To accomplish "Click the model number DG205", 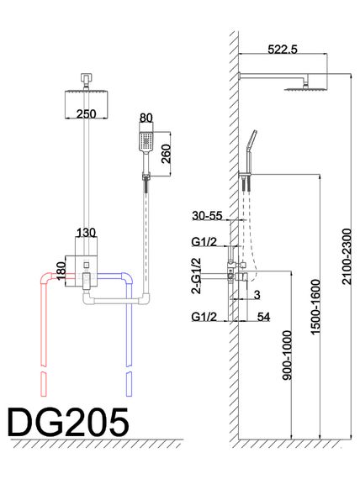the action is [x=68, y=423].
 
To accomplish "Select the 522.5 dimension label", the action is [x=283, y=50].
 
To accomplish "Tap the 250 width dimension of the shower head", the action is [x=87, y=114].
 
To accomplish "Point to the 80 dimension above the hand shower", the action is [x=146, y=118].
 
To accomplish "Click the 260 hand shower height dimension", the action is [x=166, y=154].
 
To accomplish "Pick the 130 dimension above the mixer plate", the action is [x=86, y=233].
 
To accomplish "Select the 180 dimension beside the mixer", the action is [x=61, y=271].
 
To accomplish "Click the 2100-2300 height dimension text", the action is [x=347, y=256].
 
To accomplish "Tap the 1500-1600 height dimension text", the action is [x=315, y=307].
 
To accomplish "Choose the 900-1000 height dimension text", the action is [x=287, y=355].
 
